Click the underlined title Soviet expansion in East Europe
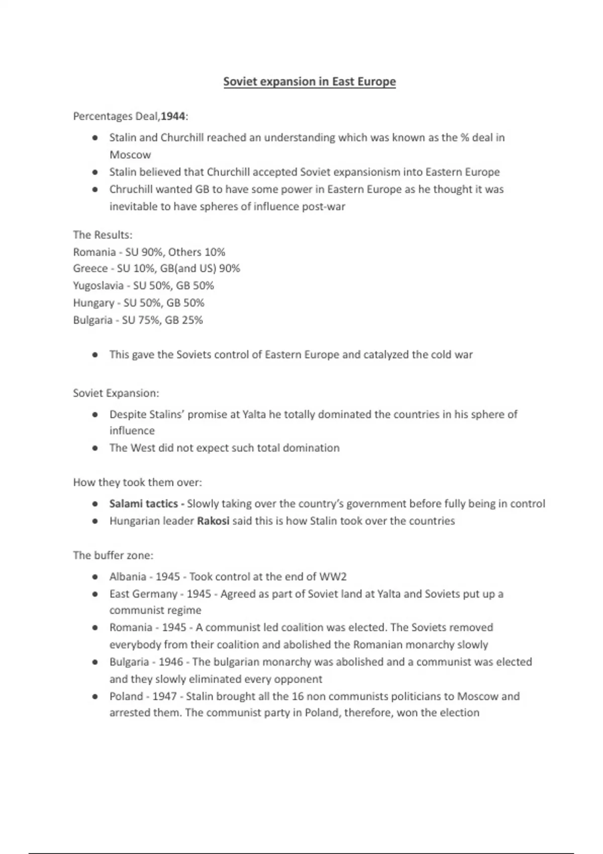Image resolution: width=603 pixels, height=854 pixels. [310, 81]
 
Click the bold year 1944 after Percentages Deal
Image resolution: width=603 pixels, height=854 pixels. [173, 117]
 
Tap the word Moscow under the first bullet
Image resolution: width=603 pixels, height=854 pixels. [130, 155]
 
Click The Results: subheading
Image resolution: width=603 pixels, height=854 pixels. [103, 235]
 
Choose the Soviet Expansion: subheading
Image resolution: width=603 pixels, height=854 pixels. [116, 393]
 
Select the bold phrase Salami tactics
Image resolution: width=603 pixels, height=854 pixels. [144, 503]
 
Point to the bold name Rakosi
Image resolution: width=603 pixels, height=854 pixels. [213, 521]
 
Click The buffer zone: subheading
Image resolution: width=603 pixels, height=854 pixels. [113, 555]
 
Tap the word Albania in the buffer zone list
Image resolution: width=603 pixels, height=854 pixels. [128, 577]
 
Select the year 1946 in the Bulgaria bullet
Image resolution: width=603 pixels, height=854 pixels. [171, 662]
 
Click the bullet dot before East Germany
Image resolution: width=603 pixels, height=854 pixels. [95, 594]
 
